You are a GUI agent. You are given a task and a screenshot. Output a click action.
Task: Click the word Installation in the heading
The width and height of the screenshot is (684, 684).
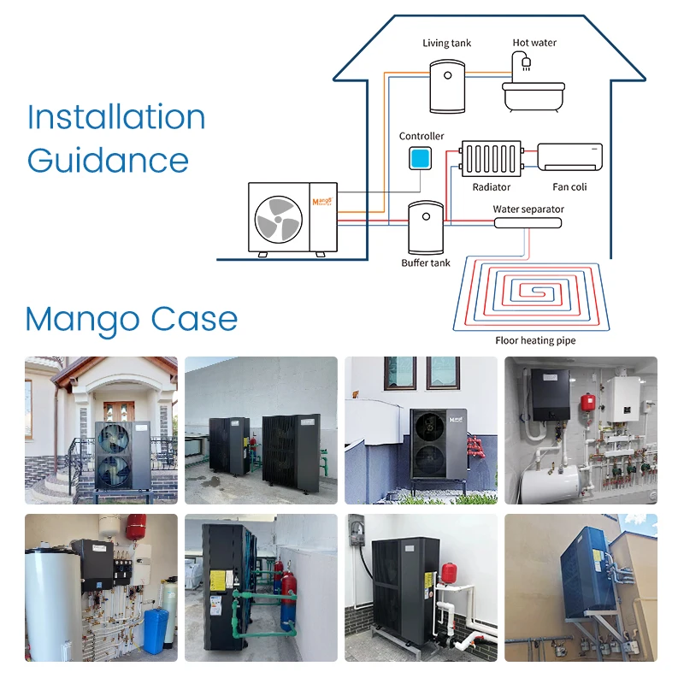(x=116, y=118)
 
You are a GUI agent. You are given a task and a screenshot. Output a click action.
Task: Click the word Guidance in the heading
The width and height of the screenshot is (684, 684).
(x=108, y=160)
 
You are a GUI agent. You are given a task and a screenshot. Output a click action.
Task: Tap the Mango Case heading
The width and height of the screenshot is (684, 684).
(x=131, y=319)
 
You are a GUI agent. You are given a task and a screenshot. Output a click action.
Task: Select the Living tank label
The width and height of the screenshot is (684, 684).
(x=446, y=43)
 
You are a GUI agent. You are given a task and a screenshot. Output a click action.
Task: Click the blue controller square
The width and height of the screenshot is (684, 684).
(x=419, y=158)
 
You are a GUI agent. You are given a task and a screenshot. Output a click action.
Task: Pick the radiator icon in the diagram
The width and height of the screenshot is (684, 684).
(x=492, y=159)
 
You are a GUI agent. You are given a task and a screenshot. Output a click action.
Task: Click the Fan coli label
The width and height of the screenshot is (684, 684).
(x=569, y=186)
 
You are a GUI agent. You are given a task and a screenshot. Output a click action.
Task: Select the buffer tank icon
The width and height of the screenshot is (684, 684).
(x=425, y=227)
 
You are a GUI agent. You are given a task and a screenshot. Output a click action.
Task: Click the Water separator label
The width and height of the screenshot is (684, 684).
(x=528, y=209)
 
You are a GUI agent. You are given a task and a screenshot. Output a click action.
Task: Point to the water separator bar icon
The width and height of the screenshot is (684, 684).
(x=528, y=222)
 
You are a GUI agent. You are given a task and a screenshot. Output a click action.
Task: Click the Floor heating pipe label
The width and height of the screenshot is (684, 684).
(x=535, y=340)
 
